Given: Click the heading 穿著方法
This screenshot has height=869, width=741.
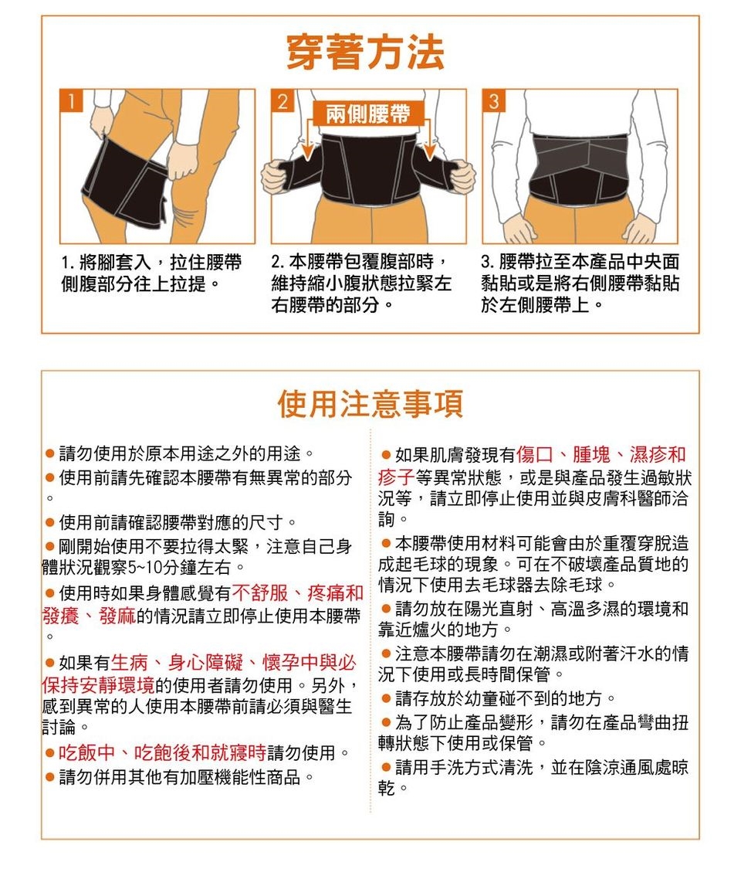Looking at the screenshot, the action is [366, 53].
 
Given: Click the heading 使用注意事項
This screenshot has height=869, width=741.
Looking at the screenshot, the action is [370, 403].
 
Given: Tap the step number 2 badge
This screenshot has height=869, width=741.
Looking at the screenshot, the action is [282, 100].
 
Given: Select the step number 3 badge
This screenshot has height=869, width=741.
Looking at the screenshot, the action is [493, 100].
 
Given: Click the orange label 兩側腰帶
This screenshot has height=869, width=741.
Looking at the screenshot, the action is [368, 114].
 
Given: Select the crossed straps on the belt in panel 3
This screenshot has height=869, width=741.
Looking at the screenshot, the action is [580, 161].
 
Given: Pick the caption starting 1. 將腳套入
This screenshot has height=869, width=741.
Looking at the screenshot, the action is [151, 273].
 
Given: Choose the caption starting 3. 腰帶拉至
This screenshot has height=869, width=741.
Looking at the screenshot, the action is [580, 283].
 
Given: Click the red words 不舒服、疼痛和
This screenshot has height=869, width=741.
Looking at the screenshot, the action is [298, 593].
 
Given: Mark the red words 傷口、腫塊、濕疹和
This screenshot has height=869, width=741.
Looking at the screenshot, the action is [601, 454].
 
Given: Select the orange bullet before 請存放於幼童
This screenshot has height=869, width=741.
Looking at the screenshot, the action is [387, 699].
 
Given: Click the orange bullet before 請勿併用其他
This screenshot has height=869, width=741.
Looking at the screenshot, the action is [50, 778].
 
